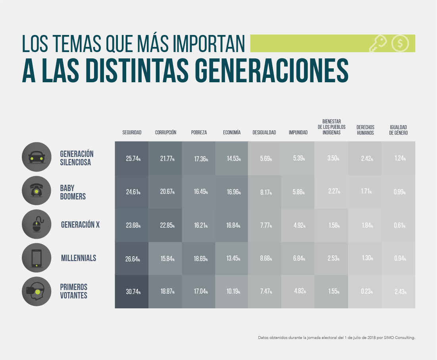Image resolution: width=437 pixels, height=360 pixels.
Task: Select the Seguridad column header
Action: click(x=132, y=133)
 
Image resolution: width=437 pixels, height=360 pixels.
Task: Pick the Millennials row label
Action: click(x=79, y=258)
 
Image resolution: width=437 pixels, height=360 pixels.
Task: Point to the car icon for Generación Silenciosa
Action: click(x=37, y=157)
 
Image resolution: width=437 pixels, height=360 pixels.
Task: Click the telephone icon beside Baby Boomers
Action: click(x=37, y=191)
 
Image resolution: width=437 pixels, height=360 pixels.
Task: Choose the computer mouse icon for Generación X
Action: click(x=37, y=225)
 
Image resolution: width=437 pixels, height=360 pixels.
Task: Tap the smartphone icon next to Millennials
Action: click(x=37, y=258)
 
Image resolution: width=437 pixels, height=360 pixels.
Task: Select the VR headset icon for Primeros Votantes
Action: click(x=37, y=292)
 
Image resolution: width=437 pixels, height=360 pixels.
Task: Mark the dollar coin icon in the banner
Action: click(x=400, y=43)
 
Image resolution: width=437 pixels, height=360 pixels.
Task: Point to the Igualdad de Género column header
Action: click(x=398, y=130)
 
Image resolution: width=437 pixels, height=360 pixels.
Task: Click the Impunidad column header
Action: click(x=298, y=133)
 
